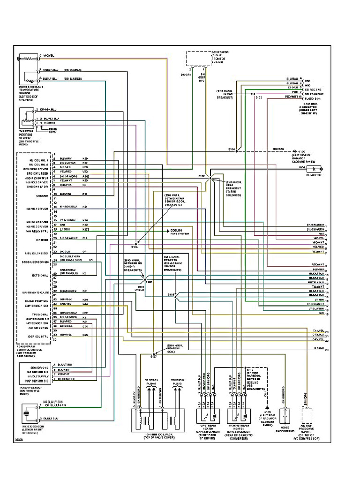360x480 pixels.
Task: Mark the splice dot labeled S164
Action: click(237, 151)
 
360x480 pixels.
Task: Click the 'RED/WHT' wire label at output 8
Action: click(318, 264)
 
